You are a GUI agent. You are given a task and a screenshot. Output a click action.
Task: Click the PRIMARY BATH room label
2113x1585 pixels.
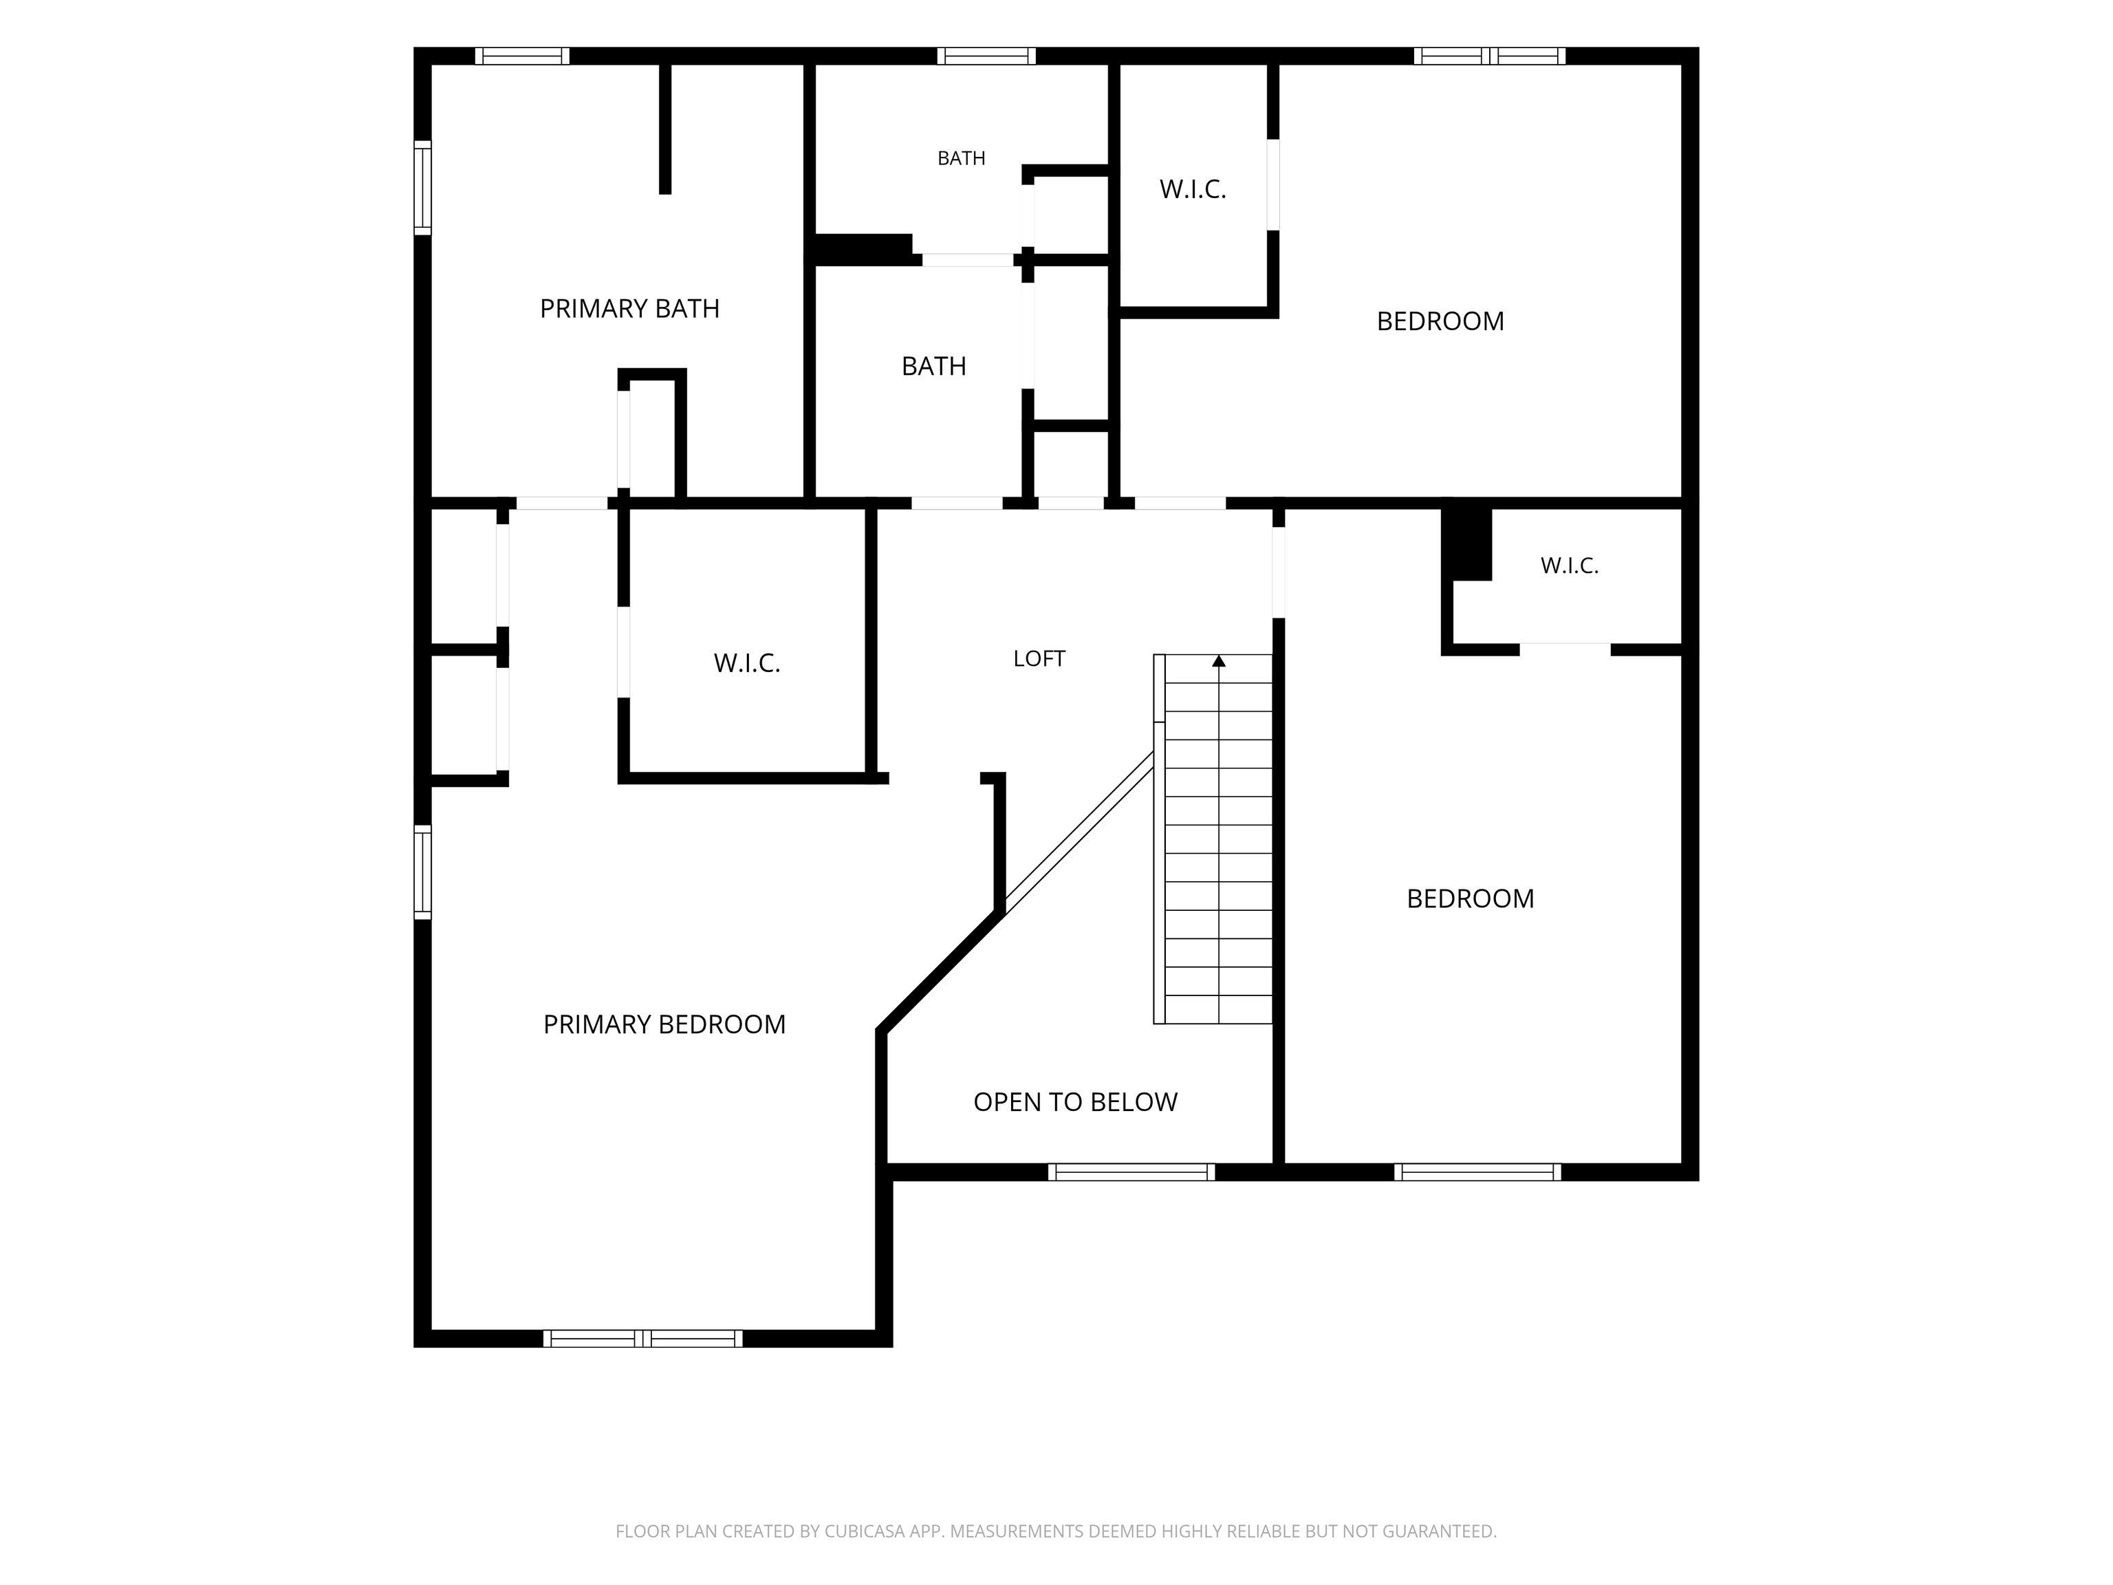tap(629, 309)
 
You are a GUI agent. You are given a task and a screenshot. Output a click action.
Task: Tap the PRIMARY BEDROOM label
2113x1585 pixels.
tap(664, 1024)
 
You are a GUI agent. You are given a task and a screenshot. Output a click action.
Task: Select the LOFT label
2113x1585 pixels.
tap(1039, 658)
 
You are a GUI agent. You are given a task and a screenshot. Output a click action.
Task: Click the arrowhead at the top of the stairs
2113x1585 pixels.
tap(1219, 660)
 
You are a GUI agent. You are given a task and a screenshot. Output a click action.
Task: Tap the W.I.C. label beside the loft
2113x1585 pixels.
tap(747, 663)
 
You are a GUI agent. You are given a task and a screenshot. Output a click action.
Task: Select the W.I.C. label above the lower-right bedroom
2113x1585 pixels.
tap(1570, 565)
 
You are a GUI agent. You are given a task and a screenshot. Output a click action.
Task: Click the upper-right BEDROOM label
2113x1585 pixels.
tap(1440, 321)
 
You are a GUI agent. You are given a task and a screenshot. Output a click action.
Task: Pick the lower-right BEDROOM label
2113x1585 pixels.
tap(1470, 898)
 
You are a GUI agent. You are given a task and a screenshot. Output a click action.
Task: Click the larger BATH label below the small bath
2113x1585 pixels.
tap(933, 366)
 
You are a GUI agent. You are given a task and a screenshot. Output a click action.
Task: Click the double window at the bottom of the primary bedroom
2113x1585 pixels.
tap(643, 1339)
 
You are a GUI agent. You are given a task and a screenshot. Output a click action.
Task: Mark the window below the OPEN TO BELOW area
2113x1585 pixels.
tap(1131, 1172)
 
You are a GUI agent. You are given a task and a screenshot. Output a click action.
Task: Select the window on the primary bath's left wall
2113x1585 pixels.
tap(422, 187)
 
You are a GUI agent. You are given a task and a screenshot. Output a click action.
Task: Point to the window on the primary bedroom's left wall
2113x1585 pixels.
tap(422, 872)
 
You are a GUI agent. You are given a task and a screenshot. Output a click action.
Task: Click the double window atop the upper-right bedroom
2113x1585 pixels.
tap(1489, 56)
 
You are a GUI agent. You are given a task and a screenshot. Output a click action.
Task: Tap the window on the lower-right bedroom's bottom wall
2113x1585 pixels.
tap(1477, 1172)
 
